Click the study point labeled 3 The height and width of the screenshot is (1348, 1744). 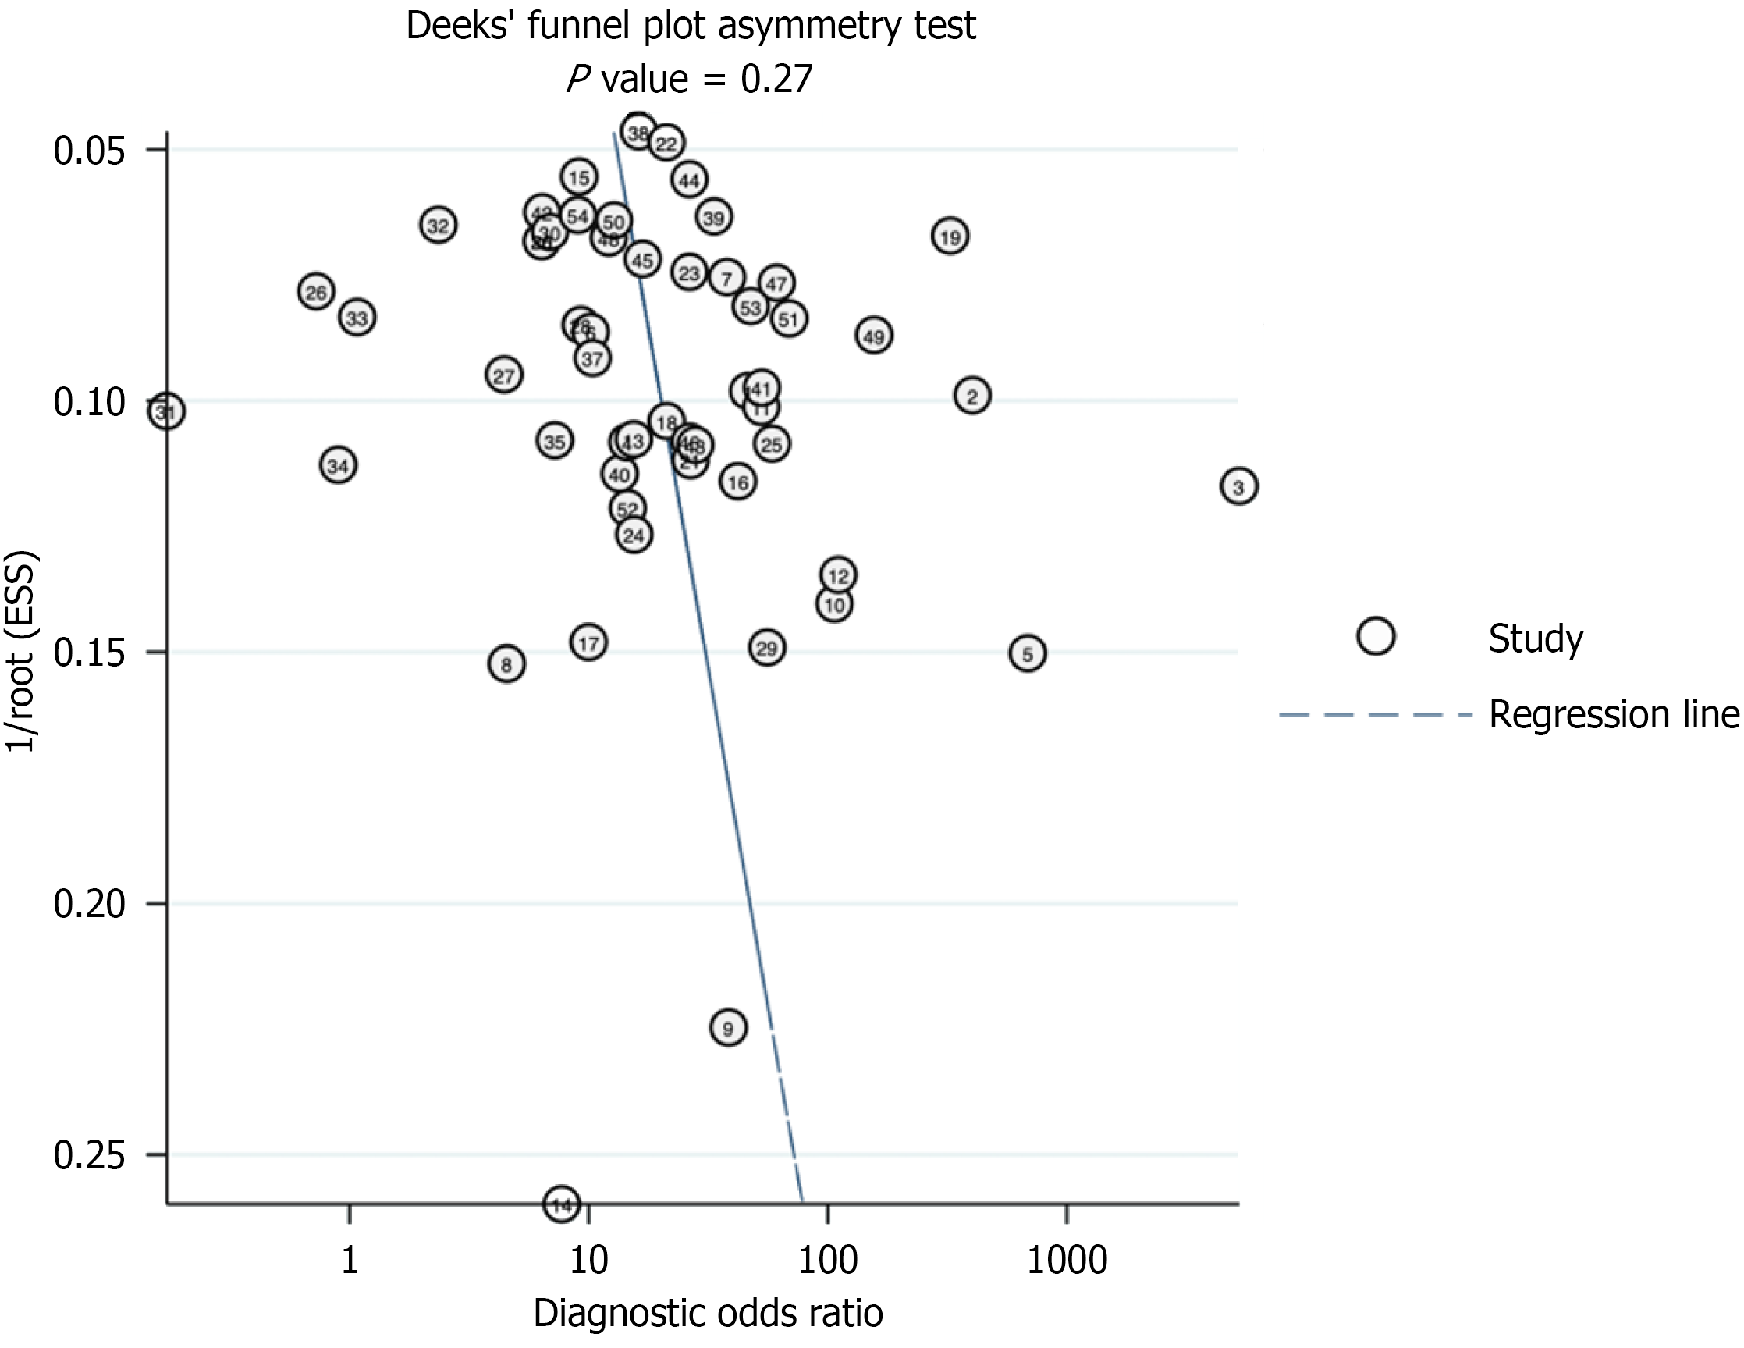(1238, 485)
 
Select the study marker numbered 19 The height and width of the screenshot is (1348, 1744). (950, 237)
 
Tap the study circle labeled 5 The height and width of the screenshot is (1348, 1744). (1027, 653)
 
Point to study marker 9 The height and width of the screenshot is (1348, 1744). (727, 1027)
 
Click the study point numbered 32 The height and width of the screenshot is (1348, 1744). (438, 226)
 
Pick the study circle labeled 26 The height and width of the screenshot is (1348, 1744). (316, 291)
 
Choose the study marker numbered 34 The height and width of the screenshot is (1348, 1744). (338, 464)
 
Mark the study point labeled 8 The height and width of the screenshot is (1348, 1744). (506, 663)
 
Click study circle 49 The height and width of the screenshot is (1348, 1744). (874, 336)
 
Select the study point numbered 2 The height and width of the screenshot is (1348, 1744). (971, 395)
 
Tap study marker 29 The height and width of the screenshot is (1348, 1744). (766, 648)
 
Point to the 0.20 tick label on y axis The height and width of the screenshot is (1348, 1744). (91, 904)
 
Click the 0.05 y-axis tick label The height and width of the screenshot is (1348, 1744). (91, 150)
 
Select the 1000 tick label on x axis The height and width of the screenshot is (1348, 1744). (1066, 1260)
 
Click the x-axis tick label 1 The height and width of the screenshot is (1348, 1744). (349, 1260)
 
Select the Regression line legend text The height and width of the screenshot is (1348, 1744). (1613, 714)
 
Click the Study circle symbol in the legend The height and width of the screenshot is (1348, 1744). (1375, 636)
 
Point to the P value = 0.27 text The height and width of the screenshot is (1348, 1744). (690, 79)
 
